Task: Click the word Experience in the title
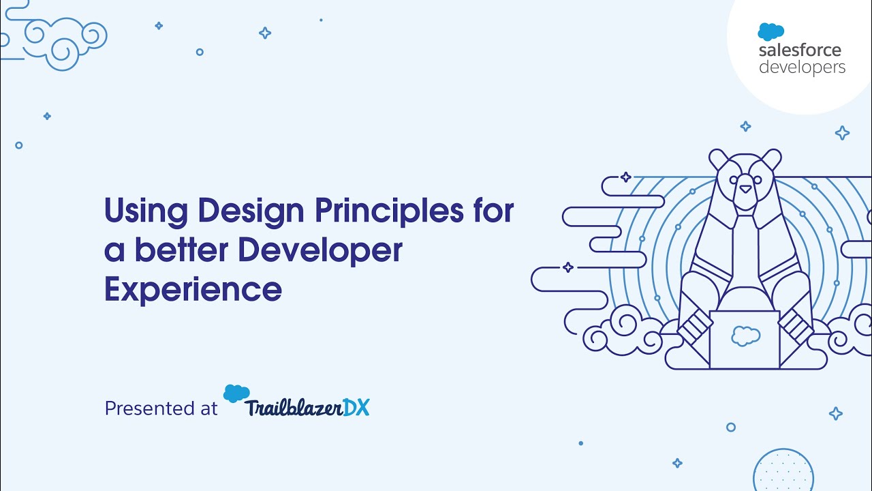tap(193, 289)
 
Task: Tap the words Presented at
tap(161, 408)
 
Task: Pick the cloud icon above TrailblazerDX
tap(236, 393)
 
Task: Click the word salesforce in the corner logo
tap(800, 50)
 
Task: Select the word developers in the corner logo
tap(802, 67)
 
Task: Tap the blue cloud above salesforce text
tap(770, 31)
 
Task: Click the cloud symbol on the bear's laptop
tap(745, 335)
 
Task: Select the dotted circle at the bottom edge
tap(783, 472)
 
